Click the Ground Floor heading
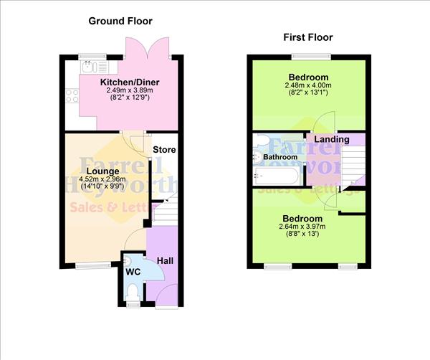click(120, 21)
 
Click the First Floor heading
click(308, 37)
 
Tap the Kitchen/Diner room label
click(129, 83)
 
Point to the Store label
click(164, 150)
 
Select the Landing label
click(332, 139)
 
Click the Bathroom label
click(279, 156)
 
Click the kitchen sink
click(89, 67)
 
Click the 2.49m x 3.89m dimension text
click(129, 91)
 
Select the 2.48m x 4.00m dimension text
click(308, 85)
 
